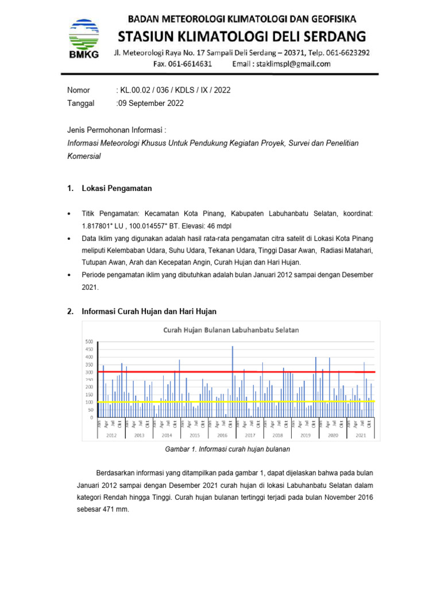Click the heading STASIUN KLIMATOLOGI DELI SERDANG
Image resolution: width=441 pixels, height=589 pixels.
click(242, 37)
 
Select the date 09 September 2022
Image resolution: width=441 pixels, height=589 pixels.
click(152, 104)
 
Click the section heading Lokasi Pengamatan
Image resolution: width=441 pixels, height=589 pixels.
click(118, 189)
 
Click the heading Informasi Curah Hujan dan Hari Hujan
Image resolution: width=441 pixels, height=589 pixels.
click(150, 312)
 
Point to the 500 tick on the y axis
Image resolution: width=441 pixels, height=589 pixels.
click(89, 342)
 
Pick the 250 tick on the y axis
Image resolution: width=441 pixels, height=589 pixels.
click(89, 380)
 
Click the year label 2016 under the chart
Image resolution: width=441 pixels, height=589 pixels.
click(222, 435)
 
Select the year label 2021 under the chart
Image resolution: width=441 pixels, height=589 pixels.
click(361, 435)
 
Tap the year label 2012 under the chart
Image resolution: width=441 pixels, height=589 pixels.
click(111, 435)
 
